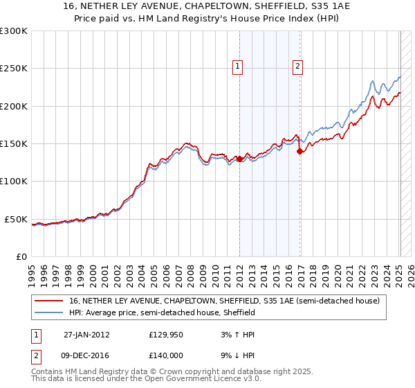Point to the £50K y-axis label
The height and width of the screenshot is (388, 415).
point(15,219)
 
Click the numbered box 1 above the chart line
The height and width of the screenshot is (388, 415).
point(237,67)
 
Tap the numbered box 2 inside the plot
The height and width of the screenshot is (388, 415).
point(297,67)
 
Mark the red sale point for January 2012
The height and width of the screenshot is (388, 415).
point(240,159)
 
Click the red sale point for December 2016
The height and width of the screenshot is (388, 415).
point(299,151)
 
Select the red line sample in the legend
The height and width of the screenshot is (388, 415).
point(49,301)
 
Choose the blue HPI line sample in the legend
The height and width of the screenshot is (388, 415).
point(49,312)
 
